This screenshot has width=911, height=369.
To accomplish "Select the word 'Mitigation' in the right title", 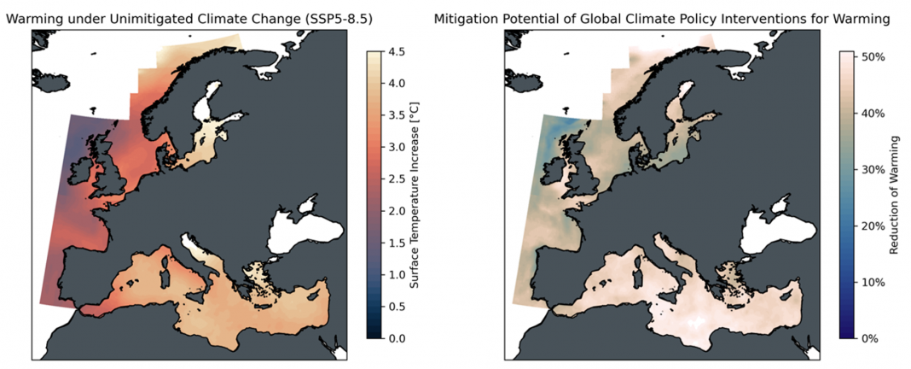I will coord(466,18).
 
